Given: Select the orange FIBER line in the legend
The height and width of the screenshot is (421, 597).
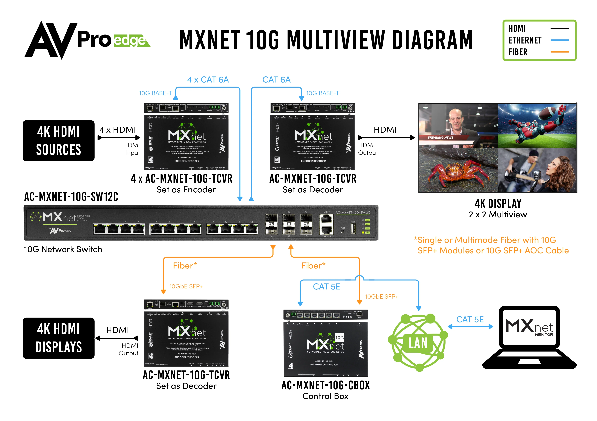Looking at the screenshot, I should coord(560,52).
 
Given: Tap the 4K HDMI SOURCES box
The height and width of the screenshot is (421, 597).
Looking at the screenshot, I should coord(59,141).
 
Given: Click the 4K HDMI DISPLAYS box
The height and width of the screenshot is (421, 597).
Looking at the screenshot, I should coord(59,338).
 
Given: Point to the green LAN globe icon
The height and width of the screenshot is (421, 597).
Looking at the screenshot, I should coord(418,343).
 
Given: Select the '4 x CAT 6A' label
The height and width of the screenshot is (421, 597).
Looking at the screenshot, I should coord(208,80).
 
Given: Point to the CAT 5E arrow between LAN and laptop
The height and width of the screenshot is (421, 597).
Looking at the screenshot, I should coord(470,327).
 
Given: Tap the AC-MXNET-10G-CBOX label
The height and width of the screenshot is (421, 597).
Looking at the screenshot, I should coord(326,385).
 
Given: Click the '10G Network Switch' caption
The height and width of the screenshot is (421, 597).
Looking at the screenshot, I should coord(63,249).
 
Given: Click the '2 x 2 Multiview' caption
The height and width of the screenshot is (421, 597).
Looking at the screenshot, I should coord(498,214).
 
